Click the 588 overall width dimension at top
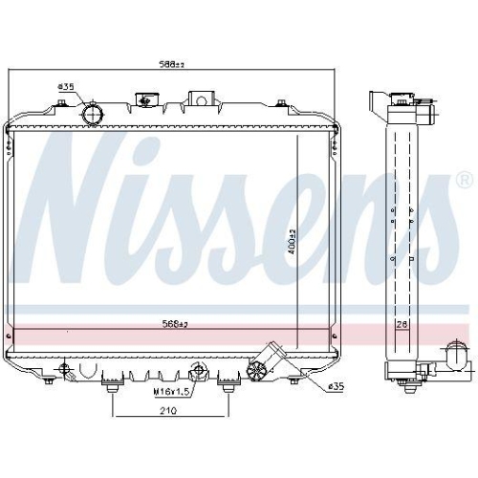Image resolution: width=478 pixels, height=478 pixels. (173, 65)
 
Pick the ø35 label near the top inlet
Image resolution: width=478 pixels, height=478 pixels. (66, 88)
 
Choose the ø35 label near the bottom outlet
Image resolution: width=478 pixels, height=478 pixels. (335, 386)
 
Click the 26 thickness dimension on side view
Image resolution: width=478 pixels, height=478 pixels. (402, 326)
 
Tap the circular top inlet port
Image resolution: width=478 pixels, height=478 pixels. (94, 115)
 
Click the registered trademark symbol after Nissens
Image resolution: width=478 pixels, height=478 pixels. (464, 179)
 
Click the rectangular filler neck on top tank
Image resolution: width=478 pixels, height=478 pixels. (201, 98)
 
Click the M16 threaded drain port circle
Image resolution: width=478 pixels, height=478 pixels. (197, 371)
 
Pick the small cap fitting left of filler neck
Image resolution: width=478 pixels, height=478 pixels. (146, 98)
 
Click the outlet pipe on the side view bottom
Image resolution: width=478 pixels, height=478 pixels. (454, 362)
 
